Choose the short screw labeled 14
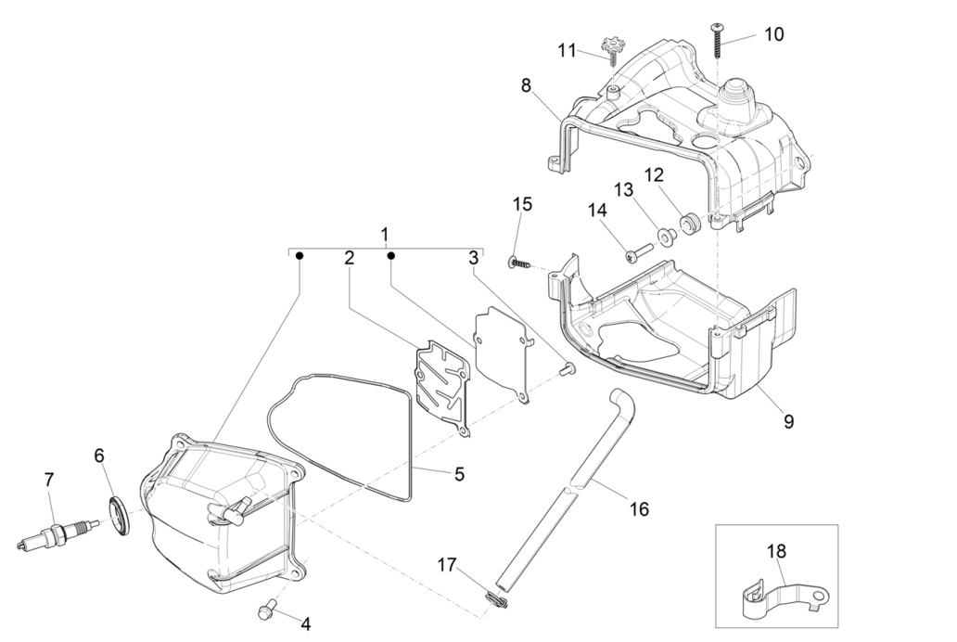(637, 250)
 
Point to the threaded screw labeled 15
(521, 263)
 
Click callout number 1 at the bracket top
(385, 234)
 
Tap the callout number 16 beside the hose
(638, 508)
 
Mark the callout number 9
(788, 421)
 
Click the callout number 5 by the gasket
(459, 474)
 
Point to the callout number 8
(526, 86)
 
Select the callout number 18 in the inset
(776, 551)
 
